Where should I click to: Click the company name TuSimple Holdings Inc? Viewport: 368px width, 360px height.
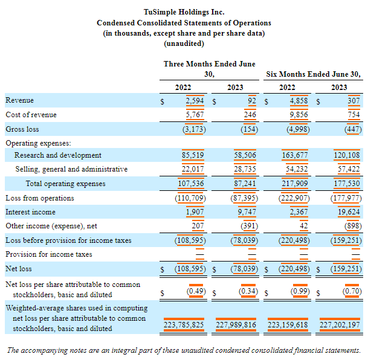pyautogui.click(x=184, y=11)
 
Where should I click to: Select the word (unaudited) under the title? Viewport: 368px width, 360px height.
pyautogui.click(x=184, y=43)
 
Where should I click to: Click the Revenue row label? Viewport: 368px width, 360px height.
pyautogui.click(x=20, y=100)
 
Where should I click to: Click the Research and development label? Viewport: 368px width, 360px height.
pyautogui.click(x=58, y=155)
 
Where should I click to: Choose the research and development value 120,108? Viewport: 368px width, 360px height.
pyautogui.click(x=347, y=155)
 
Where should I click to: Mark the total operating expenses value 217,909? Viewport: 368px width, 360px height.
pyautogui.click(x=295, y=184)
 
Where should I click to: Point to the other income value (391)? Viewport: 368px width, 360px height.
pyautogui.click(x=245, y=226)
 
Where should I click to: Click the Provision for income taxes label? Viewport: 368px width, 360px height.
pyautogui.click(x=49, y=254)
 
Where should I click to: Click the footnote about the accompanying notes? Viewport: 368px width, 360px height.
pyautogui.click(x=184, y=350)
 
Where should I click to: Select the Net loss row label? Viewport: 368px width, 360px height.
pyautogui.click(x=19, y=269)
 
